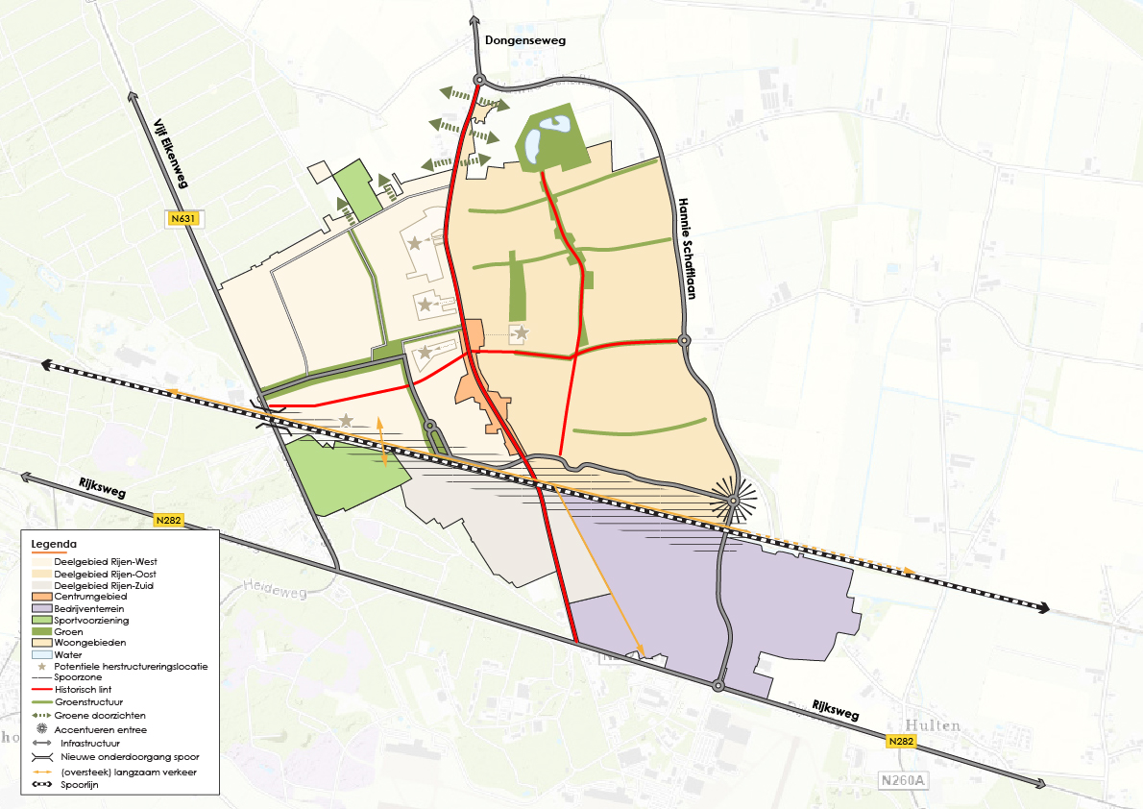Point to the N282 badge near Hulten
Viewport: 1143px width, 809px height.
[x=900, y=742]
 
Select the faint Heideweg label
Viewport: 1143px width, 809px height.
[x=273, y=585]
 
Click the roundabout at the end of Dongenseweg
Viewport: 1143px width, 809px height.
[x=478, y=80]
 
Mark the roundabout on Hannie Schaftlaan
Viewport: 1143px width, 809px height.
[x=683, y=340]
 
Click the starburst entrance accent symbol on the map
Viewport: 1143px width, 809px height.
[x=732, y=501]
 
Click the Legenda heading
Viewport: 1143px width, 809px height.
[x=55, y=545]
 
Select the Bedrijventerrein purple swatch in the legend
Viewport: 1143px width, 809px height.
[x=41, y=609]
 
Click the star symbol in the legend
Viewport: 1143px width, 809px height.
[x=41, y=666]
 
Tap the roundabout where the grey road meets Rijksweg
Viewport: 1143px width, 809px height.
[x=718, y=686]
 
